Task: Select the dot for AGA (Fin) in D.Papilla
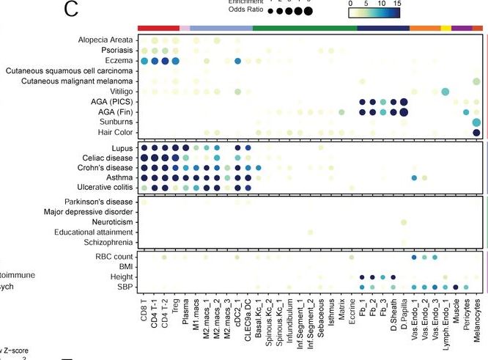[404, 111]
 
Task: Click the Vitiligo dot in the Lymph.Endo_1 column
[445, 91]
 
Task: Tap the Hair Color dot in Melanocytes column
[476, 132]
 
